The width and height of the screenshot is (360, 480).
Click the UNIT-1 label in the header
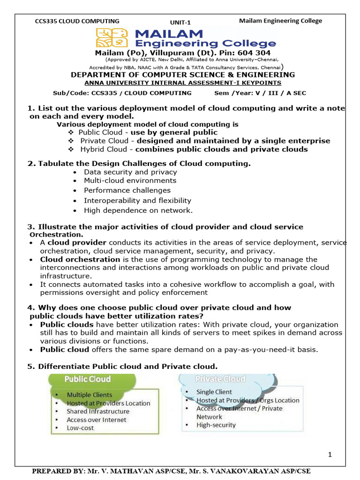(180, 22)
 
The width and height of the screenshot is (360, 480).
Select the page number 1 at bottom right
(330, 454)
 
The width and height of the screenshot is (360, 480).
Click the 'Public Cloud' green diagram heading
(87, 379)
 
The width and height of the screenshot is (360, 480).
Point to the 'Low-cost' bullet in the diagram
(80, 428)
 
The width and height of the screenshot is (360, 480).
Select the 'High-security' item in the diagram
(216, 425)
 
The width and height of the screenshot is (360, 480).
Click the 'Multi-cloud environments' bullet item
(130, 180)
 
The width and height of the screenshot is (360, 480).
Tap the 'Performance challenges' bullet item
(127, 190)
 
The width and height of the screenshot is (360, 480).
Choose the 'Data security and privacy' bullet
(130, 172)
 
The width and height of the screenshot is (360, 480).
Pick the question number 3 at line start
(31, 227)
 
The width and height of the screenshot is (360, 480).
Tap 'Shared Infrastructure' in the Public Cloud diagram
(98, 412)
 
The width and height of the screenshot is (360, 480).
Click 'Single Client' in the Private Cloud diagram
(214, 392)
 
